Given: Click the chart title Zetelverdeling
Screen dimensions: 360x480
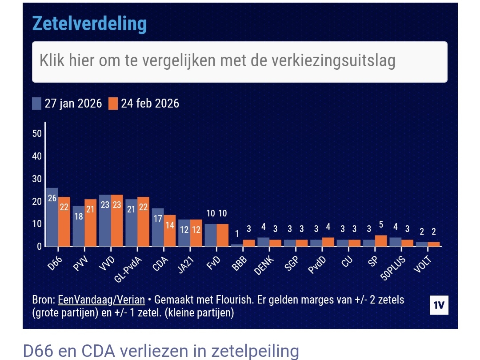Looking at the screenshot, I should [89, 24].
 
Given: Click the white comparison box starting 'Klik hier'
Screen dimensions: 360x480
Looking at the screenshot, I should [240, 62].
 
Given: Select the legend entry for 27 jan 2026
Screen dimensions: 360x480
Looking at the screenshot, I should [67, 104].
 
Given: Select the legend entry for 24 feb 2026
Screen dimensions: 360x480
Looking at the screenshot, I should [144, 104].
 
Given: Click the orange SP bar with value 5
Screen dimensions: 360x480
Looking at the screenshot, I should [381, 240].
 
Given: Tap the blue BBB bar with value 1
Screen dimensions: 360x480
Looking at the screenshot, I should [237, 245].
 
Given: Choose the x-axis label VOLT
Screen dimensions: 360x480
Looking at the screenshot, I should [423, 263].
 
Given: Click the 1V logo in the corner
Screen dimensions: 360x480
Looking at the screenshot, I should [439, 305].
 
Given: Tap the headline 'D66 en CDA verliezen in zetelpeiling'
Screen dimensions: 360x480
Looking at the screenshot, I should [160, 351].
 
